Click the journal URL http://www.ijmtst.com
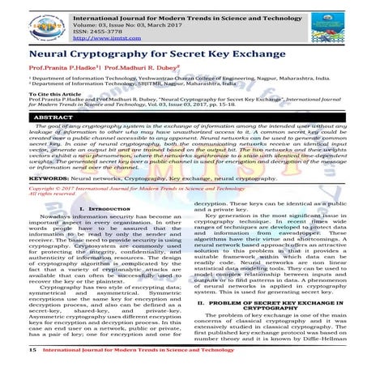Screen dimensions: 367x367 [104, 38]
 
